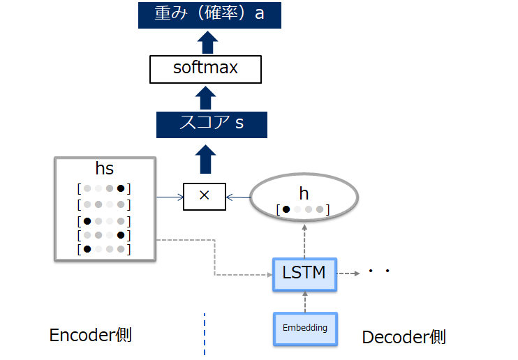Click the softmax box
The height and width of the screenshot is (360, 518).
(205, 68)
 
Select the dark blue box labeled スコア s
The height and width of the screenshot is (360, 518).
(212, 124)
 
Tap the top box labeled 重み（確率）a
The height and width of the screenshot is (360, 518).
(209, 14)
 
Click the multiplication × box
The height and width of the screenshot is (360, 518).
(205, 196)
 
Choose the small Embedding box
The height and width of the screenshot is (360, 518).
(305, 328)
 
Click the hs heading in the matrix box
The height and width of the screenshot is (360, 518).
(104, 170)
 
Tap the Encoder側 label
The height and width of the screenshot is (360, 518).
(91, 336)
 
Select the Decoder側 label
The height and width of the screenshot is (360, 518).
(404, 338)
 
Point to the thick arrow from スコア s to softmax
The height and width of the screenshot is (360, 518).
(205, 97)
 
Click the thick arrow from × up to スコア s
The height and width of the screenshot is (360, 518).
(205, 159)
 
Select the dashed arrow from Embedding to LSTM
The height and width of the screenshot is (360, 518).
(304, 301)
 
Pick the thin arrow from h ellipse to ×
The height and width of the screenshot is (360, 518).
(239, 197)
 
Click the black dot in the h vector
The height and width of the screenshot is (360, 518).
(286, 209)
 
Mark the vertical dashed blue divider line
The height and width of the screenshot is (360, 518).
(205, 333)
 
